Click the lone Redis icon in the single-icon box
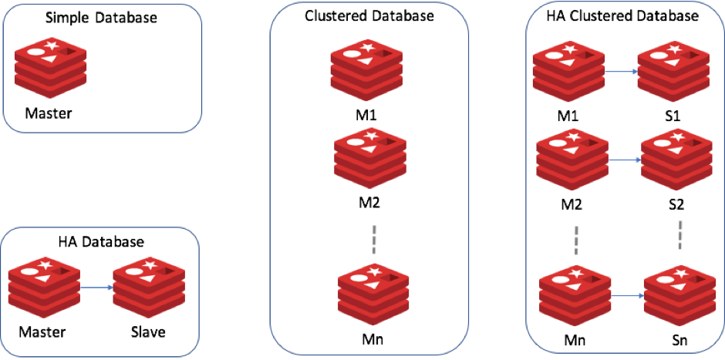pyautogui.click(x=50, y=67)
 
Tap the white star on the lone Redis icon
pyautogui.click(x=52, y=45)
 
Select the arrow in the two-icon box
pyautogui.click(x=96, y=288)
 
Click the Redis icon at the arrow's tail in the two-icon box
pyautogui.click(x=44, y=287)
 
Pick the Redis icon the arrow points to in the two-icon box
pyautogui.click(x=149, y=287)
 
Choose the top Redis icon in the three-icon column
pyautogui.click(x=366, y=69)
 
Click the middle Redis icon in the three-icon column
pyautogui.click(x=370, y=157)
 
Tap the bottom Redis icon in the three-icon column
pyautogui.click(x=373, y=294)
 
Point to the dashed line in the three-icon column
pyautogui.click(x=373, y=239)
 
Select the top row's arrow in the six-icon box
pyautogui.click(x=622, y=71)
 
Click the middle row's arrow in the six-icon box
pyautogui.click(x=626, y=160)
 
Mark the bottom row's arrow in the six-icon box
pyautogui.click(x=628, y=295)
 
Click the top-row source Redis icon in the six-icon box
pyautogui.click(x=568, y=71)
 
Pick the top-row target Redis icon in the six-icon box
pyautogui.click(x=673, y=71)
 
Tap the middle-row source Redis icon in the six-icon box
pyautogui.click(x=572, y=159)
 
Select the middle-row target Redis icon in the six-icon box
pyautogui.click(x=677, y=159)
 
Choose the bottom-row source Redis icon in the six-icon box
pyautogui.click(x=575, y=295)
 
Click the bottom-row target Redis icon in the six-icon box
pyautogui.click(x=679, y=295)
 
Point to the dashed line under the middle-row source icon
pyautogui.click(x=576, y=241)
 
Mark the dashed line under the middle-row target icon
pyautogui.click(x=679, y=235)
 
